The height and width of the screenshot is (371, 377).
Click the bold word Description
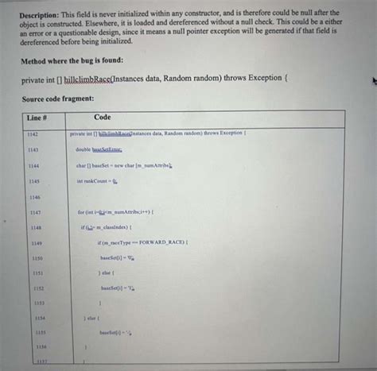tap(39, 14)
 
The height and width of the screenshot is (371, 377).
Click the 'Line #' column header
tap(39, 118)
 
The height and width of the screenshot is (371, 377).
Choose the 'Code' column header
tap(103, 118)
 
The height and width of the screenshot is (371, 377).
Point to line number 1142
tap(33, 134)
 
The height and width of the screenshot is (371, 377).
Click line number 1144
tap(33, 165)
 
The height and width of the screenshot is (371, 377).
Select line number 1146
tap(33, 196)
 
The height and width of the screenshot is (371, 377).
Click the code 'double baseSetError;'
tap(99, 149)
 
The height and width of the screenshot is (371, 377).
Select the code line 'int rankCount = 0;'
tap(98, 181)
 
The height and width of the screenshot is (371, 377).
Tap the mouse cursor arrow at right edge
tap(371, 79)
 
